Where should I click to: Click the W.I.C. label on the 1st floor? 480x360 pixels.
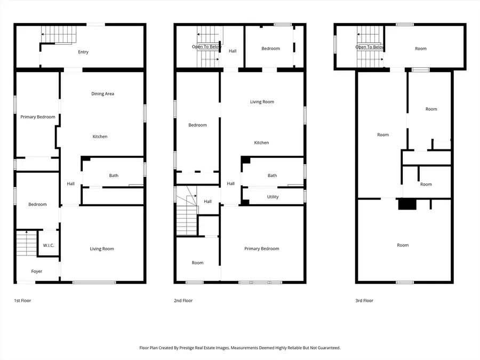[x=49, y=245]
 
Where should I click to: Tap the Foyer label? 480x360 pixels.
[x=36, y=271]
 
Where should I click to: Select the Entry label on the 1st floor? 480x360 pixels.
[x=83, y=52]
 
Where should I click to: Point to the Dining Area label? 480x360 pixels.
[x=102, y=94]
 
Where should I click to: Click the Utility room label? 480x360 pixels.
[x=273, y=197]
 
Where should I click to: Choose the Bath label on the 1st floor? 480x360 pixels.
[x=114, y=175]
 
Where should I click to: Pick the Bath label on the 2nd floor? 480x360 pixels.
[x=272, y=175]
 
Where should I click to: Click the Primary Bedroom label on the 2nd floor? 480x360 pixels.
[x=261, y=249]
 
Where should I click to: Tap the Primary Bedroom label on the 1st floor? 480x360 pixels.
[x=38, y=117]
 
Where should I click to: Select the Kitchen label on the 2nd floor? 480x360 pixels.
[x=261, y=142]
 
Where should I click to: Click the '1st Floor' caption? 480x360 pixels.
[x=22, y=301]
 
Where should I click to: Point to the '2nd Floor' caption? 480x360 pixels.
[x=183, y=301]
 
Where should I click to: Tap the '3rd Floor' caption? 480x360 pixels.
[x=364, y=301]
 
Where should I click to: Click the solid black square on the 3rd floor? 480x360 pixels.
[x=407, y=204]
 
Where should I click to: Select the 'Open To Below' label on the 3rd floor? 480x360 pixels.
[x=370, y=47]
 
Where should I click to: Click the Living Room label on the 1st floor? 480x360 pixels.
[x=101, y=249]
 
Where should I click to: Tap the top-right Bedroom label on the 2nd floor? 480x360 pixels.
[x=270, y=49]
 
